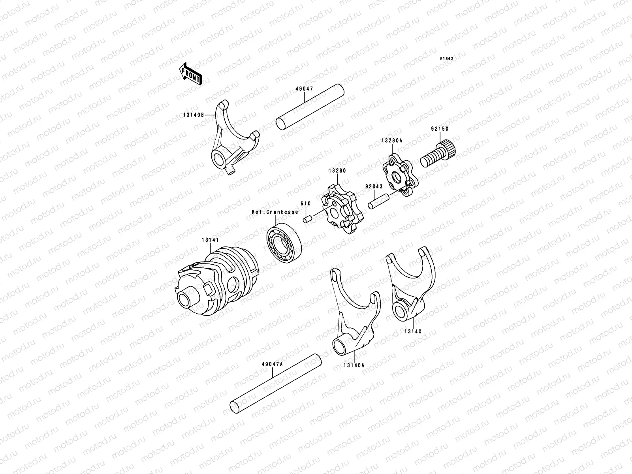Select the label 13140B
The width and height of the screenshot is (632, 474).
193,115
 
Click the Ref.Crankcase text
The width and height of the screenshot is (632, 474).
275,212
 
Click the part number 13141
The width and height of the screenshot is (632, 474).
210,240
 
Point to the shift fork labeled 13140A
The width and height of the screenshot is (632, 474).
355,312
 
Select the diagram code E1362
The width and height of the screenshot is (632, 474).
447,58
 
